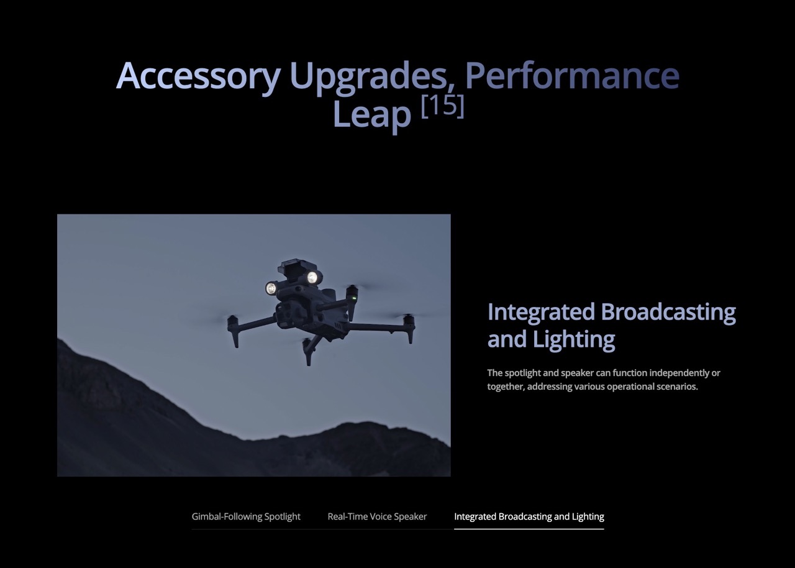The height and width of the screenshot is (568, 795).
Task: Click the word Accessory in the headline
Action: [x=198, y=76]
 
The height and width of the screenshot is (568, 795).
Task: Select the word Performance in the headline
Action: [x=572, y=75]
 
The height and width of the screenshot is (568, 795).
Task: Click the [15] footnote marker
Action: [x=443, y=106]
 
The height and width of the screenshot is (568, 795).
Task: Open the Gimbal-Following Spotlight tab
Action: [x=246, y=516]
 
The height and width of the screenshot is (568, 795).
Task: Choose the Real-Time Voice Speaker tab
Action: [x=377, y=516]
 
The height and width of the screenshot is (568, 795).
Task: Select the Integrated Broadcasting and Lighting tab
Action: [x=529, y=516]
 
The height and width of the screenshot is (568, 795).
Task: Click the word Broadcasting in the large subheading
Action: [x=668, y=313]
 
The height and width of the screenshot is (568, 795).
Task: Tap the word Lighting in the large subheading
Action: [x=573, y=340]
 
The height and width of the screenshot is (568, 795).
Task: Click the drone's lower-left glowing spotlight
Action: [x=271, y=288]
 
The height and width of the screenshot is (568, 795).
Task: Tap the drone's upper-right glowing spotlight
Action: [x=312, y=277]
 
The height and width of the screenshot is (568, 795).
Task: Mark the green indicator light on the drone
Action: [x=352, y=298]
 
